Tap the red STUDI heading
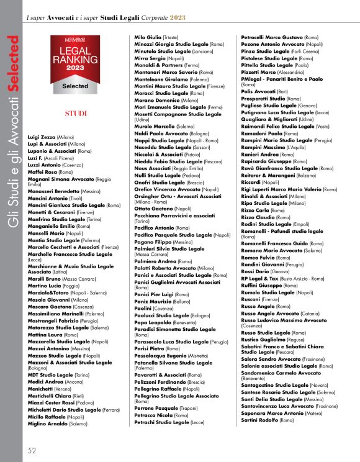pyautogui.click(x=75, y=114)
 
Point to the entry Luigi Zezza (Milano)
pyautogui.click(x=51, y=137)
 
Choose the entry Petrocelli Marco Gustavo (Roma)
pyautogui.click(x=279, y=38)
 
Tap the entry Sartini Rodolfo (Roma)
pyautogui.click(x=268, y=420)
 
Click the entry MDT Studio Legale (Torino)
pyautogui.click(x=59, y=375)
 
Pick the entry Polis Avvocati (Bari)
pyautogui.click(x=264, y=91)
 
